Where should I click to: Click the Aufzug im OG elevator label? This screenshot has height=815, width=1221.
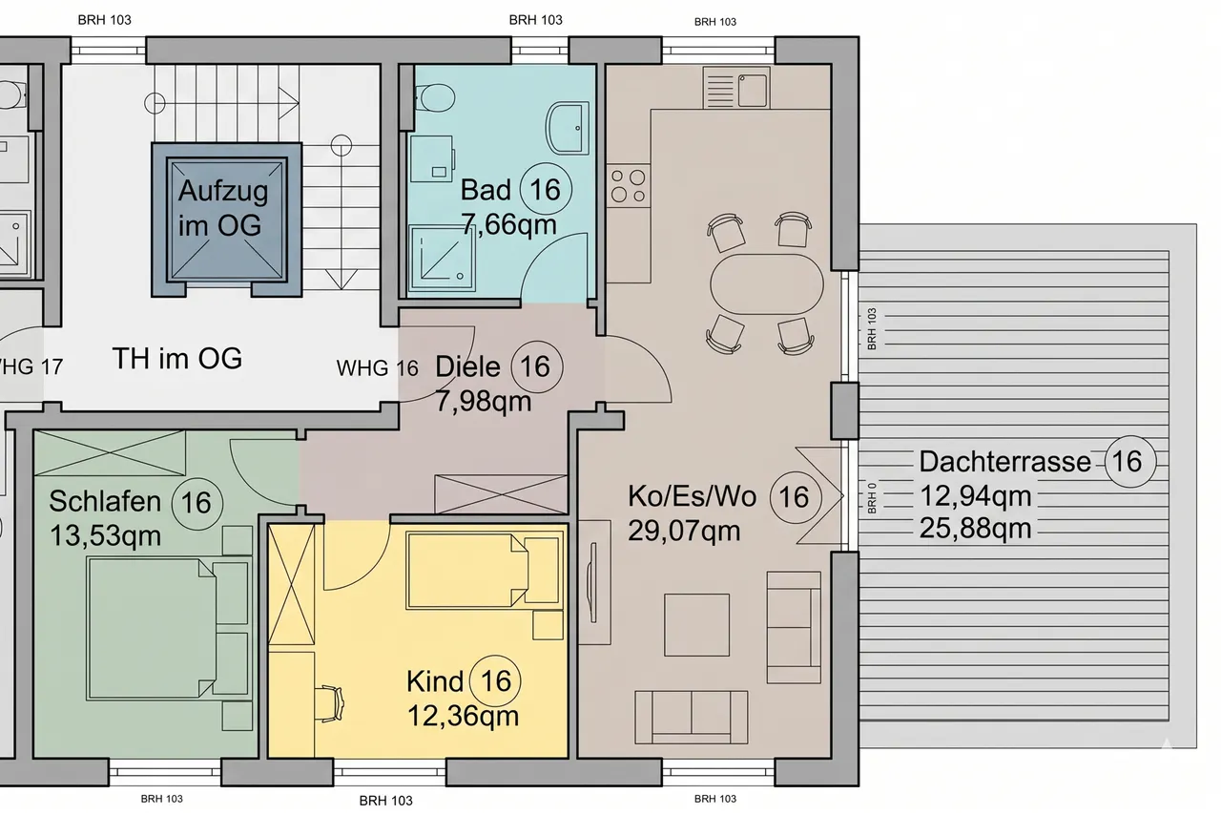(x=223, y=208)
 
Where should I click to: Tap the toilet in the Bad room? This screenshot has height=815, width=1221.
(x=434, y=98)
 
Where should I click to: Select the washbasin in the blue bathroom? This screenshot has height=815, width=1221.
(x=567, y=128)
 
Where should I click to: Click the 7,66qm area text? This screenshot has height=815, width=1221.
(x=509, y=224)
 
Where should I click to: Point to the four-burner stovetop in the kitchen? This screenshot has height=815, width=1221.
(x=628, y=186)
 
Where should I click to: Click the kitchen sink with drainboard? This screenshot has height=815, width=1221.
(x=736, y=87)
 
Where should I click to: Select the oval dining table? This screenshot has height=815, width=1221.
(x=767, y=283)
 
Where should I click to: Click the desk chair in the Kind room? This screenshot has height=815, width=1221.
(x=330, y=703)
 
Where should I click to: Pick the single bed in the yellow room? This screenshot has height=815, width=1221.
(x=485, y=571)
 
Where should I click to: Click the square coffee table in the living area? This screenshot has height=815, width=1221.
(x=696, y=625)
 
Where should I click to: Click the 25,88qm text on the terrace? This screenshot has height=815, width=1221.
(x=975, y=529)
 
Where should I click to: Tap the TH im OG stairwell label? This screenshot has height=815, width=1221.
(x=177, y=359)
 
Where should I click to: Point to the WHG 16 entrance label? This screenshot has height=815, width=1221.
(x=377, y=368)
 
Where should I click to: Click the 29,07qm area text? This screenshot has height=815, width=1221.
(x=684, y=531)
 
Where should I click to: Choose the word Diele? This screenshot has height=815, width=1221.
(x=467, y=366)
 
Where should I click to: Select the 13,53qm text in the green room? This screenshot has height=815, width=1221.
(x=105, y=535)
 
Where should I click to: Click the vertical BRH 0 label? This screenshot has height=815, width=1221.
(x=872, y=498)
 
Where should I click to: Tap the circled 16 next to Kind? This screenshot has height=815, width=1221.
(x=495, y=681)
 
